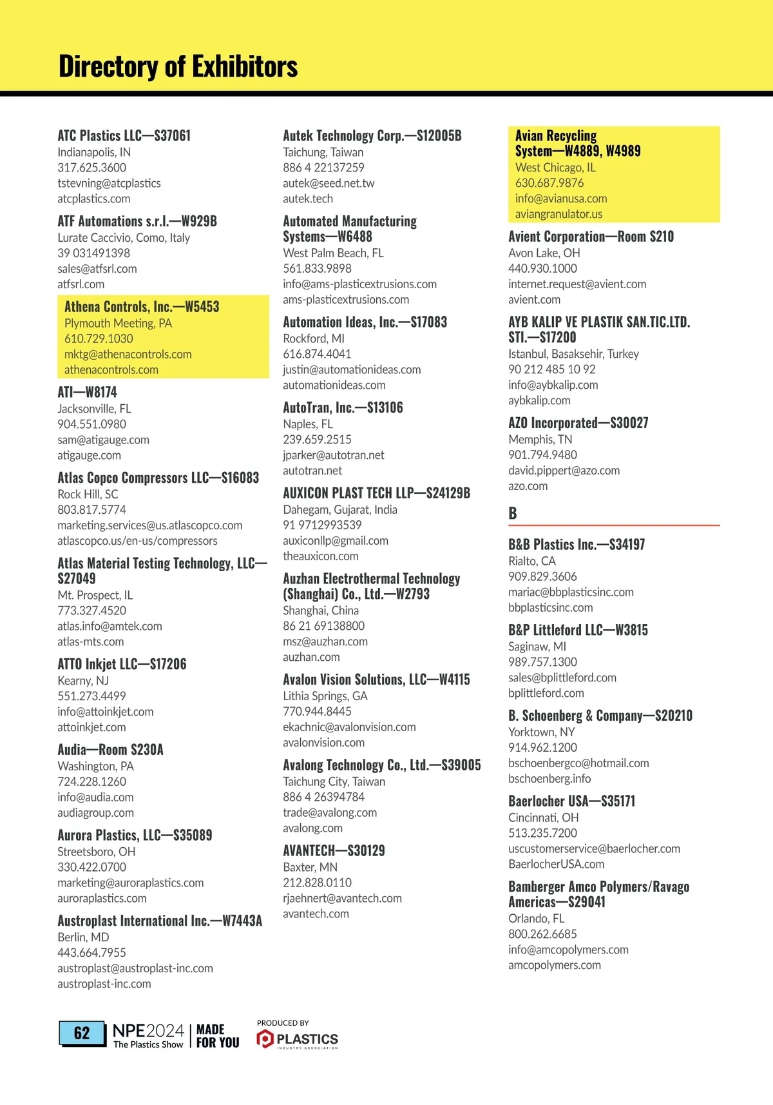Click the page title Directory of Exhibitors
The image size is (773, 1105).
[x=178, y=66]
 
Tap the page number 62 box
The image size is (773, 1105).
[x=82, y=1033]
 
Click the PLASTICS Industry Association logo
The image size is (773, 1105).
[x=298, y=1039]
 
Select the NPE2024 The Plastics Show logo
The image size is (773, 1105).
[x=148, y=1035]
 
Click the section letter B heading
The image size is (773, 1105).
[x=513, y=513]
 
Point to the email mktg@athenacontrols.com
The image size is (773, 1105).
[x=128, y=354]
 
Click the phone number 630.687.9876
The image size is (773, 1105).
[x=549, y=182]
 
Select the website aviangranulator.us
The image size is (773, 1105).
[x=558, y=213]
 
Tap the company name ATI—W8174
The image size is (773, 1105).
[x=87, y=392]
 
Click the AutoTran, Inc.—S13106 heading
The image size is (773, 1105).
[x=343, y=407]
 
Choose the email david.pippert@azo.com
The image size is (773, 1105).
[x=564, y=470]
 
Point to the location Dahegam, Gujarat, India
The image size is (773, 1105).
[x=340, y=509]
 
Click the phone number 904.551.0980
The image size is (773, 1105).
[x=91, y=424]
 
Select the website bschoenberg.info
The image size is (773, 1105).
[x=549, y=778]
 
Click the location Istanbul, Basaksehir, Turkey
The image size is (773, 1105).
[x=573, y=353]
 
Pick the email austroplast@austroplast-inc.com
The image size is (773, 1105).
[x=135, y=968]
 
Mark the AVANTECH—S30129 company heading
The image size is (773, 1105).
[x=334, y=850]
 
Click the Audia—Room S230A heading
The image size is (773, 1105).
[x=110, y=749]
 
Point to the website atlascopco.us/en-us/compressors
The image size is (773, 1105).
[x=137, y=540]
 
